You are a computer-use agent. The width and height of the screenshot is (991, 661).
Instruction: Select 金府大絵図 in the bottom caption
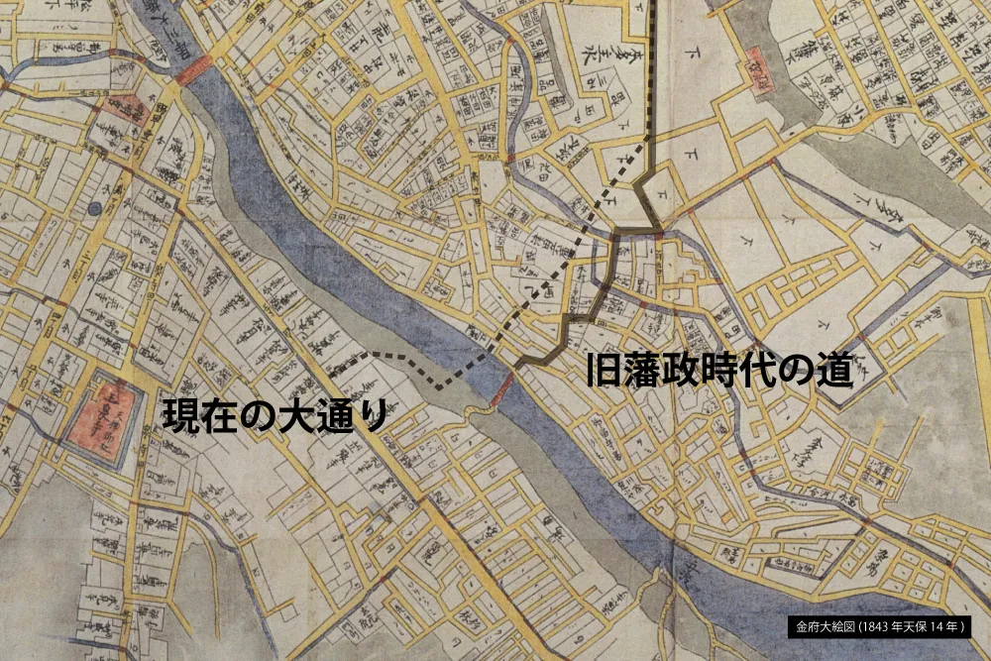826,626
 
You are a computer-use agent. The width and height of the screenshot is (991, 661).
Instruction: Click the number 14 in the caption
940,626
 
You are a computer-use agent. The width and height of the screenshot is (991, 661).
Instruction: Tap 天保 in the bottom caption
919,626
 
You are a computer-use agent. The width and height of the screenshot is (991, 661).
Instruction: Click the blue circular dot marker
94,209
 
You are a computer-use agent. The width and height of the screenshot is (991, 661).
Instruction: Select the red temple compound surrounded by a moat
102,409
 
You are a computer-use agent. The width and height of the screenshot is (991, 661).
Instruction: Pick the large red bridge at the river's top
194,70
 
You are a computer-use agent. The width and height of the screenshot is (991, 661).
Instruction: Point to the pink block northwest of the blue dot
125,111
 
